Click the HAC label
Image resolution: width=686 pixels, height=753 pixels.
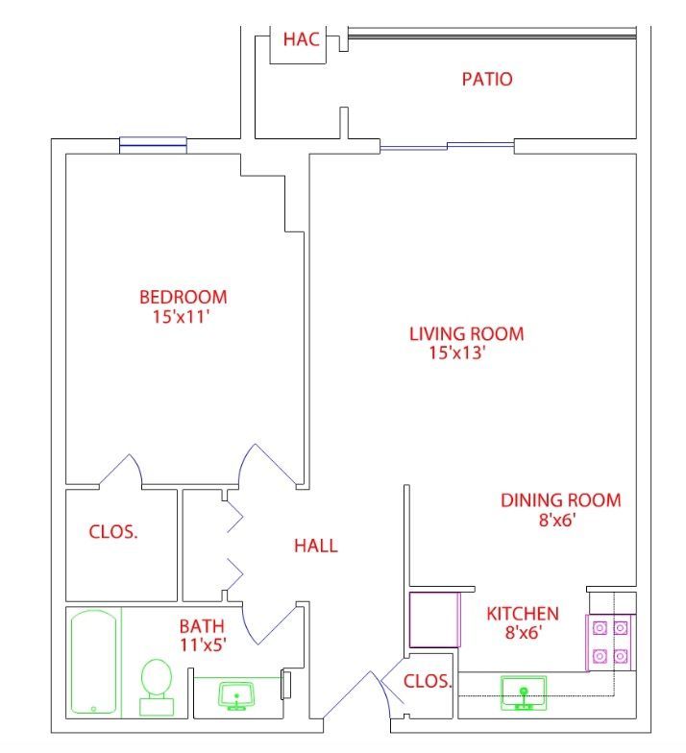point(302,38)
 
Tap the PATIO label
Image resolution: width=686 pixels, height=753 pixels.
point(487,79)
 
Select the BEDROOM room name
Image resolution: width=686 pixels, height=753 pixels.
point(183,297)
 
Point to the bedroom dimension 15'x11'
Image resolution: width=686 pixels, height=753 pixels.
point(181,317)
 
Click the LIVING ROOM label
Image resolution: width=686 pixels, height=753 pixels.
point(467,334)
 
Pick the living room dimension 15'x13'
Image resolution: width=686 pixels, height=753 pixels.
point(457,353)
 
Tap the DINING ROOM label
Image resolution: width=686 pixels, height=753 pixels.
point(561,500)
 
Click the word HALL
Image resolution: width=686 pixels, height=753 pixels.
point(315,546)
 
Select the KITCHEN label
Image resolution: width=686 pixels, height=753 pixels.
point(523,614)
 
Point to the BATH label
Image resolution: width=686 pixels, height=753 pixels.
point(202,626)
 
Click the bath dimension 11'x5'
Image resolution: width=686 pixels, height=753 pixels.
point(203,644)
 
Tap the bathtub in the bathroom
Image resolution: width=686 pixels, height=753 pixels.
point(94,662)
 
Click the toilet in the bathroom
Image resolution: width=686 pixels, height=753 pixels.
point(157,688)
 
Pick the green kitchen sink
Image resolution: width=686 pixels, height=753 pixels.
point(524,693)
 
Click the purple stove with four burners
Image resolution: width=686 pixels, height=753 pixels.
point(609,643)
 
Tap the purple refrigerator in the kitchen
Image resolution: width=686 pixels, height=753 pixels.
point(434,619)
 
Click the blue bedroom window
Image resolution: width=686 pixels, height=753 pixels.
point(153,145)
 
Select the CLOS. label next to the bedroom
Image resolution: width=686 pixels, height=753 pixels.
point(113,532)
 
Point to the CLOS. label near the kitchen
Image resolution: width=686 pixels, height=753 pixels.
point(428,681)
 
